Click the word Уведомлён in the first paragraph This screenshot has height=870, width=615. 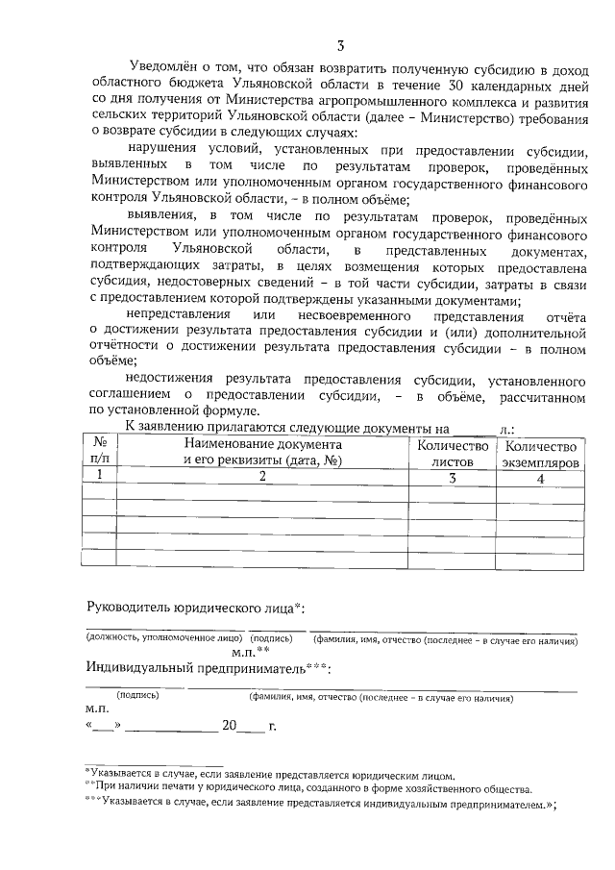[x=160, y=69]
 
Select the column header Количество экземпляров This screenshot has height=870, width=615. [x=541, y=453]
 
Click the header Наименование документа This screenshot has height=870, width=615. [x=263, y=445]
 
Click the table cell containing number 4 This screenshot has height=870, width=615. [x=541, y=478]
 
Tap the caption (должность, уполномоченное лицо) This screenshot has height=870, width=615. [x=163, y=638]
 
